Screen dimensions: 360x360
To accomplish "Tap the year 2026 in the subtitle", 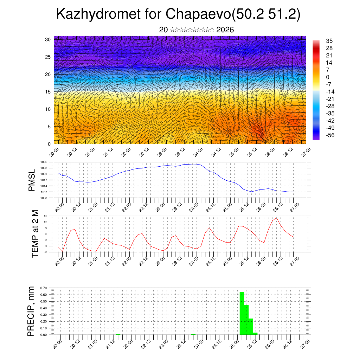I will coord(225,30).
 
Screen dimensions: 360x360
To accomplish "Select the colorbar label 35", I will coord(329,41).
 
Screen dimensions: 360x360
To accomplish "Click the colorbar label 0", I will coord(328,77).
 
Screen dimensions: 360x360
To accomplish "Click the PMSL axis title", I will coord(32,180).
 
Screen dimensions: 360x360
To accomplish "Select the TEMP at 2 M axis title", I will coord(35,233).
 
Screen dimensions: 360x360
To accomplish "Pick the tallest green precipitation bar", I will coord(242,313).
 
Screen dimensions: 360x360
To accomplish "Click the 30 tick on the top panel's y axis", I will coord(48,39).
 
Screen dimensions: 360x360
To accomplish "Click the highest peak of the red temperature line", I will coord(277,218).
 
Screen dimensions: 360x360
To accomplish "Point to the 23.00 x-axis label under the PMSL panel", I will coord(161,206).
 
